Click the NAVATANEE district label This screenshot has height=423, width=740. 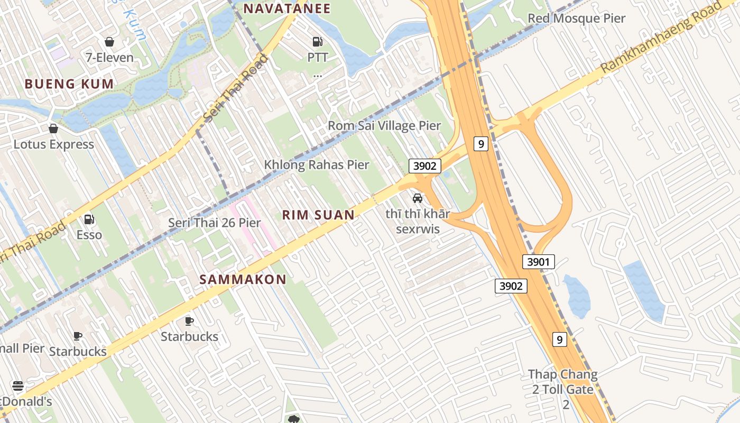[x=286, y=8]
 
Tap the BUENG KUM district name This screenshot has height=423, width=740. [x=69, y=84]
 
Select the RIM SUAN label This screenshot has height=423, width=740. [x=318, y=215]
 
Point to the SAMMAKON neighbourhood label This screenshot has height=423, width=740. [x=243, y=279]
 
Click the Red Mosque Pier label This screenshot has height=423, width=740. [x=576, y=19]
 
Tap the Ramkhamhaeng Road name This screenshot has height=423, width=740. [x=661, y=38]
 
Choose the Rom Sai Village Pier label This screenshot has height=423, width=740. [x=384, y=126]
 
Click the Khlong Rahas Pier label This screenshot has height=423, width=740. [x=317, y=164]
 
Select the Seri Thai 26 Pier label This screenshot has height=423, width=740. [x=214, y=223]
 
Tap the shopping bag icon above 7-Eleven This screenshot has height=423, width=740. [x=109, y=41]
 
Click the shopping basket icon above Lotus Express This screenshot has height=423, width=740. [x=53, y=128]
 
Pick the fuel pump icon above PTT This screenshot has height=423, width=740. [x=317, y=41]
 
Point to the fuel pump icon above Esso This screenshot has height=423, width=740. [x=89, y=219]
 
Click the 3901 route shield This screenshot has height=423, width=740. [x=539, y=261]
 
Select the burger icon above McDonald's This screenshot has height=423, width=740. [x=18, y=386]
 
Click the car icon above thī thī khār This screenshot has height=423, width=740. [x=418, y=198]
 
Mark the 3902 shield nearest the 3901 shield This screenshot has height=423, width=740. [x=511, y=286]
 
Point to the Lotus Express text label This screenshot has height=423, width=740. [x=53, y=144]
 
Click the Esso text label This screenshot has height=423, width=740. [x=89, y=234]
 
